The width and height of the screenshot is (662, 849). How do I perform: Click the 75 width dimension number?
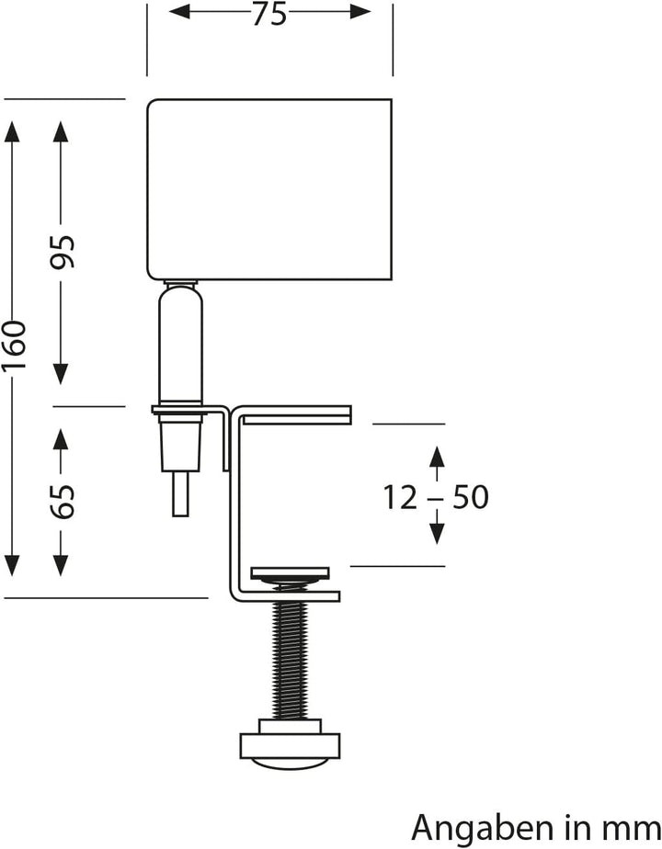[270, 13]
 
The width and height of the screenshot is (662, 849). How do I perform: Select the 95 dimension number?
[62, 253]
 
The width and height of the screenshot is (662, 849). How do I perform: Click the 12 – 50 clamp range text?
[436, 497]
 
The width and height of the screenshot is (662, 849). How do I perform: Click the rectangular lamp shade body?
[270, 187]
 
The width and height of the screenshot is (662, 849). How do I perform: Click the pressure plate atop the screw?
[291, 575]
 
